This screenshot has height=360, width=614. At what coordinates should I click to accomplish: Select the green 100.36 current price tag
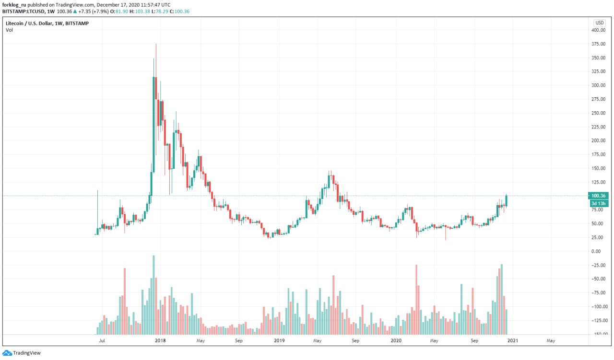599,196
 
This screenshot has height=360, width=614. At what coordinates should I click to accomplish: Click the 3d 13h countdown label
599,203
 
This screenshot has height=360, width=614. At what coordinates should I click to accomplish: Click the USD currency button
600,23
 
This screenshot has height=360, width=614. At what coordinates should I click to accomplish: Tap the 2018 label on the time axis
160,341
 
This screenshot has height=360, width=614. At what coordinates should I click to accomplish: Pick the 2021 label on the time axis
512,341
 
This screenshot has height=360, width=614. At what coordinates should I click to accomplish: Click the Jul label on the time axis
102,341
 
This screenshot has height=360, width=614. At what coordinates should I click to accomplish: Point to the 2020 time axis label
396,341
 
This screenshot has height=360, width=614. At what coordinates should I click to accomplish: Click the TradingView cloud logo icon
6,353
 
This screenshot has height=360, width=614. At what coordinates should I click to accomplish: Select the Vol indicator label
9,30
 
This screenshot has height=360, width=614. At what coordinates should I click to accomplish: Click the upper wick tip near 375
156,45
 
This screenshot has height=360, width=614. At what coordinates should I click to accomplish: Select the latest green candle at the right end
507,200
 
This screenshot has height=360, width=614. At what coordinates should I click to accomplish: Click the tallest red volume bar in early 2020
416,299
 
